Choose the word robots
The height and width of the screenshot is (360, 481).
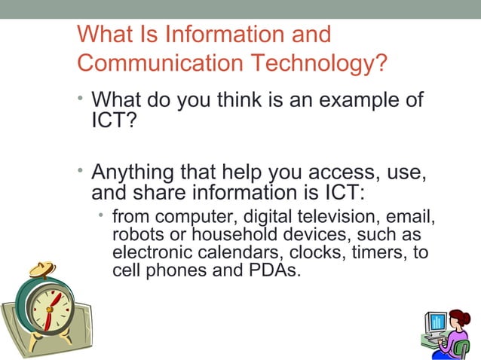(x=136, y=235)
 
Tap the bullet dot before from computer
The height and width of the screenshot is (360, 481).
(x=101, y=216)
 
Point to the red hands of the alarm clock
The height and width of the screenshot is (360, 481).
(x=49, y=309)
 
